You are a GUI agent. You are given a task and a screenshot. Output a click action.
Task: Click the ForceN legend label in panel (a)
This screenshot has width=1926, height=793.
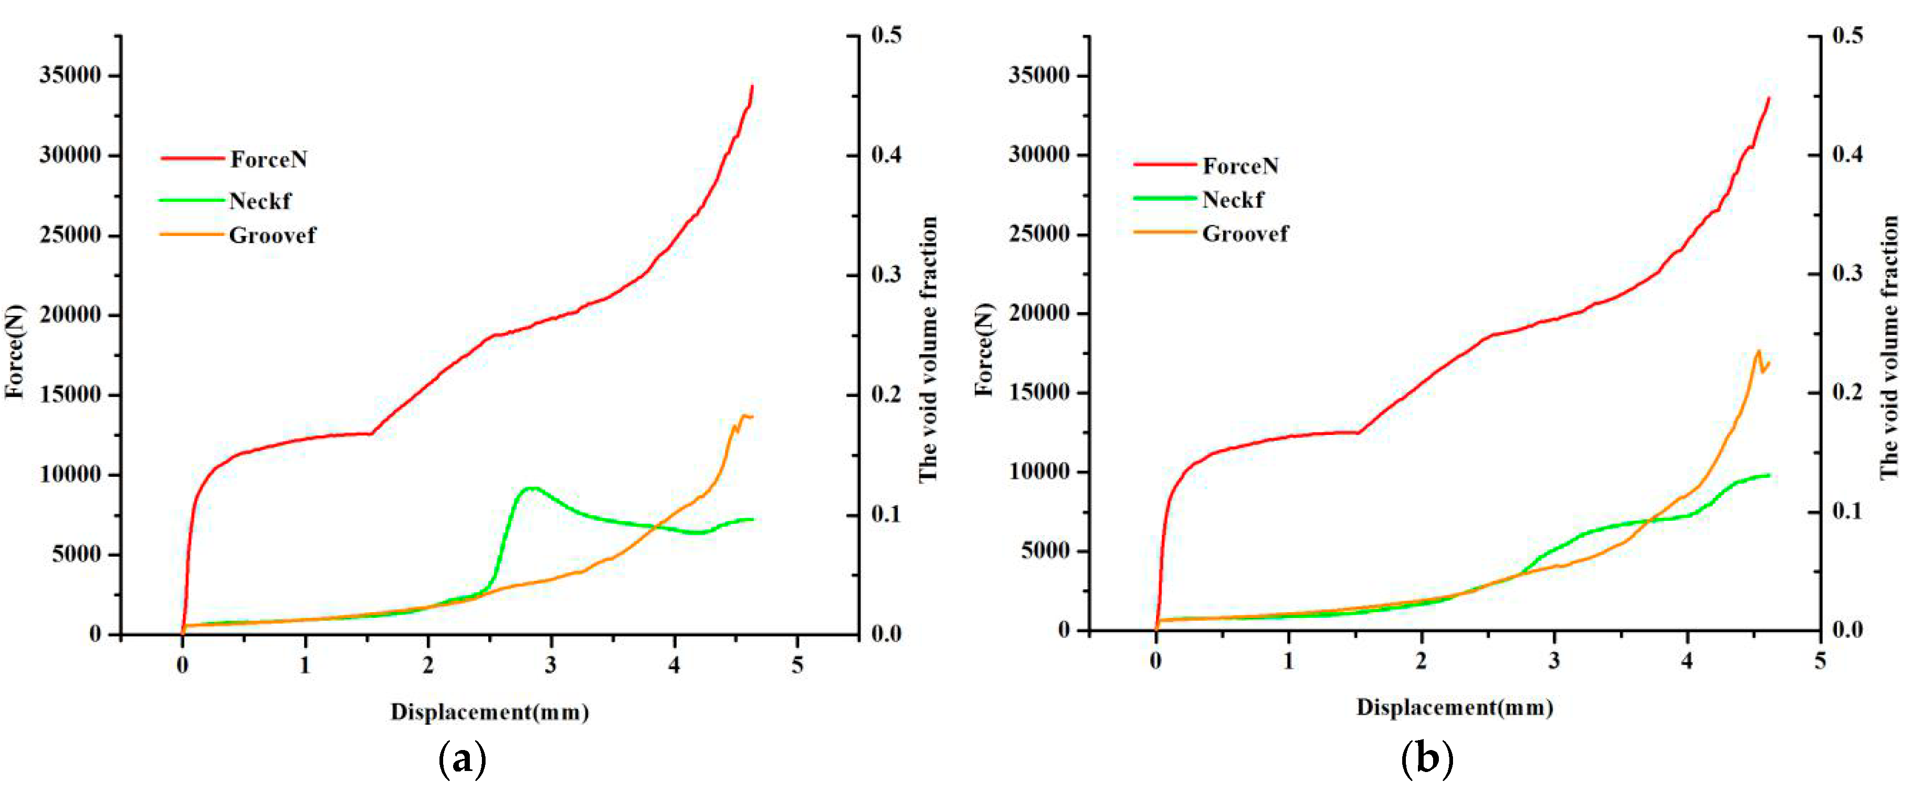click(268, 159)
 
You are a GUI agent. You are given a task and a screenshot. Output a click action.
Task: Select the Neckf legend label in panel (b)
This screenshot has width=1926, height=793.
click(1233, 200)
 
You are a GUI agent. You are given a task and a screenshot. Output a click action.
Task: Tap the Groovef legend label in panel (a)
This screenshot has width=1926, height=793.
click(272, 236)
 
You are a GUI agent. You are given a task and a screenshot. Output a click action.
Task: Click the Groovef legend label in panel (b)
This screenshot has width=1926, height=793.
click(1245, 234)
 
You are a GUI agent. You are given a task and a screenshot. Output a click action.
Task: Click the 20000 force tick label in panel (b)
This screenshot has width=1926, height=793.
click(1039, 313)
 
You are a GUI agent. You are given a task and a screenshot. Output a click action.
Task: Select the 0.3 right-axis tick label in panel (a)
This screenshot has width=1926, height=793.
click(887, 275)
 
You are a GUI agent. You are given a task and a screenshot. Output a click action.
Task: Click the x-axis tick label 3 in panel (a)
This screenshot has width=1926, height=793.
click(551, 665)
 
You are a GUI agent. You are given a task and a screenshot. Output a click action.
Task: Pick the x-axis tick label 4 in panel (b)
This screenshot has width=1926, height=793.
click(1687, 661)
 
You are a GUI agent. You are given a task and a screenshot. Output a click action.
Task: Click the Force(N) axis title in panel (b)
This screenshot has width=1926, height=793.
click(985, 350)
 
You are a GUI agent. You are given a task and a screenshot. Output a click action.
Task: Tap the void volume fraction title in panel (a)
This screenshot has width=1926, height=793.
click(928, 350)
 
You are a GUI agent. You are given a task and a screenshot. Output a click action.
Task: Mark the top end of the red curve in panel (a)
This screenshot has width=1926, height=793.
click(752, 86)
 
